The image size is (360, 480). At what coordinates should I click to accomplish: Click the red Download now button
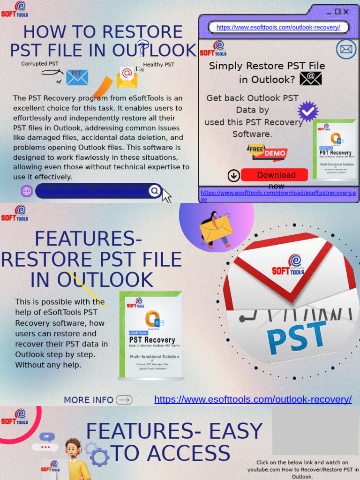[x=274, y=175]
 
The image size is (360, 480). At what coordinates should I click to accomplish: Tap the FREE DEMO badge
[x=267, y=152]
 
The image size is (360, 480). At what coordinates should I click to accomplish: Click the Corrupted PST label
[x=40, y=64]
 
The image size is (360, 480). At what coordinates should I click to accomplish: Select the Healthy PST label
[x=158, y=65]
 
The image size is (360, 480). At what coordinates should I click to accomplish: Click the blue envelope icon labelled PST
[x=77, y=77]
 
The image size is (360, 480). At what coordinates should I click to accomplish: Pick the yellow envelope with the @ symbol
[x=127, y=77]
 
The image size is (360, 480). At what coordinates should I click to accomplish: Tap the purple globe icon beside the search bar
[x=27, y=191]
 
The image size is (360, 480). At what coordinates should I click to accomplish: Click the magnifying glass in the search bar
[x=154, y=191]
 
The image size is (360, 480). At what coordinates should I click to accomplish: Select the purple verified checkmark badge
[x=308, y=112]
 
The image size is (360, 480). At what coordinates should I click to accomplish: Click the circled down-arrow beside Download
[x=233, y=176]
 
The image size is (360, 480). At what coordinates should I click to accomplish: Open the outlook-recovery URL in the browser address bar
[x=278, y=28]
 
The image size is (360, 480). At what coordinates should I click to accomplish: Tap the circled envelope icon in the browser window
[x=346, y=49]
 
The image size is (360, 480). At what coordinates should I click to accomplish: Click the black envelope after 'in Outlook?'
[x=311, y=78]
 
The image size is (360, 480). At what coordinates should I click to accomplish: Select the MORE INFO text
[x=89, y=400]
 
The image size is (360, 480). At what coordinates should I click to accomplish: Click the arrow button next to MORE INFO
[x=124, y=400]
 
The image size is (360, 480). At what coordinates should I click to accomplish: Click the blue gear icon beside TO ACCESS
[x=97, y=454]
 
